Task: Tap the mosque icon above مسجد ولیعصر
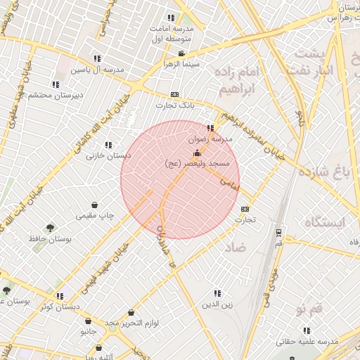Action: click(x=196, y=153)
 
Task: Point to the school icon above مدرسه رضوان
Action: click(x=211, y=128)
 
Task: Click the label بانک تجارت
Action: click(x=174, y=105)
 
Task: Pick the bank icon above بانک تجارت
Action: click(x=174, y=94)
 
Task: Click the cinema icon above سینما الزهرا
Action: click(x=182, y=53)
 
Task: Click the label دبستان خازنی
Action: click(x=105, y=155)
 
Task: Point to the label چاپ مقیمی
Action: click(x=95, y=214)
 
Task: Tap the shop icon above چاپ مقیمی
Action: click(x=95, y=205)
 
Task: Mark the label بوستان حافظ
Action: click(x=51, y=239)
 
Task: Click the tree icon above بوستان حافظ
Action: click(x=50, y=228)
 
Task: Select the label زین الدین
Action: click(x=217, y=304)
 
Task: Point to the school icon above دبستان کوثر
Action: click(x=60, y=296)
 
